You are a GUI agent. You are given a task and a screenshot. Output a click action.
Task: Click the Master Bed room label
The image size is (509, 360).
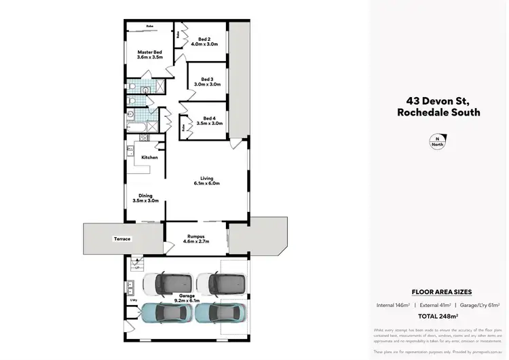149,55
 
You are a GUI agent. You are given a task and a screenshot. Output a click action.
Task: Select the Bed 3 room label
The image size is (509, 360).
205,81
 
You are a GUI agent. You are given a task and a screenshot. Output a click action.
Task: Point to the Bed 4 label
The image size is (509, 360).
208,120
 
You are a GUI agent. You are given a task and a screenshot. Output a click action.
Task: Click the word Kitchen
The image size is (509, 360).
149,158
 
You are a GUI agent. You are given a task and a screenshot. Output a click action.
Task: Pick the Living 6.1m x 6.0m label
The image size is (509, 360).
207,181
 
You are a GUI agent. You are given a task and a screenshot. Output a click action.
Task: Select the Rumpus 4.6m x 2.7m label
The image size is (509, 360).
196,238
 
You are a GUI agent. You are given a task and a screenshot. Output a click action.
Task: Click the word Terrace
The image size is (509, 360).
123,239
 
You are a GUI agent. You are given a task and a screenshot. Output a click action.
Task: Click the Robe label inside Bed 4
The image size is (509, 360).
183,126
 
